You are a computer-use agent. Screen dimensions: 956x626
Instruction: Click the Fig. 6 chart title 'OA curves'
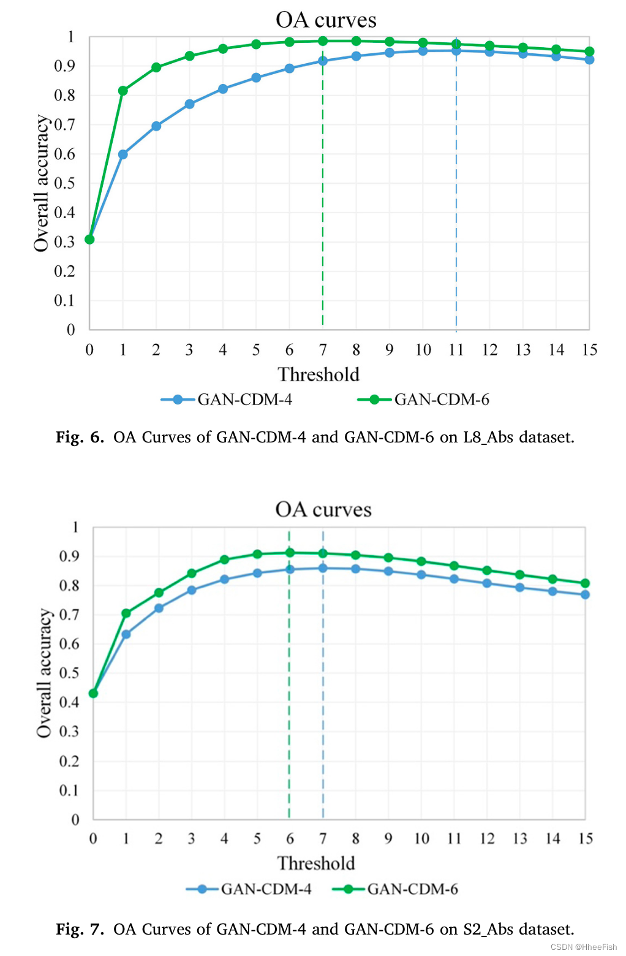pyautogui.click(x=326, y=20)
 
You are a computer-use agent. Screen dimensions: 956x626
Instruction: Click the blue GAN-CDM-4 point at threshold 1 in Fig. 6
pyautogui.click(x=123, y=154)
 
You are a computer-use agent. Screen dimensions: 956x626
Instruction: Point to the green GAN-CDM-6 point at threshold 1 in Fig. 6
pyautogui.click(x=123, y=91)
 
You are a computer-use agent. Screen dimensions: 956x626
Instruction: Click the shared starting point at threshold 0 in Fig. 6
pyautogui.click(x=90, y=239)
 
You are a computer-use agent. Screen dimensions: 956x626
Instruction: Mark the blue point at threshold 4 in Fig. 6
pyautogui.click(x=223, y=89)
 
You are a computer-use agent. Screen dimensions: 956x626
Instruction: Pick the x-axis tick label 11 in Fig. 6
pyautogui.click(x=456, y=350)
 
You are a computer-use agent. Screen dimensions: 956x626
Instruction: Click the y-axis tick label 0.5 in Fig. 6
pyautogui.click(x=64, y=183)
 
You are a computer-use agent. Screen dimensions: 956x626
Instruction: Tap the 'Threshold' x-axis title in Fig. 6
pyautogui.click(x=319, y=374)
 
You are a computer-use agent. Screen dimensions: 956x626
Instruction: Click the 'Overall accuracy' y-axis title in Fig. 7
pyautogui.click(x=44, y=673)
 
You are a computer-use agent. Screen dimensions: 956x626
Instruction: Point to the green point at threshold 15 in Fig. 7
pyautogui.click(x=585, y=583)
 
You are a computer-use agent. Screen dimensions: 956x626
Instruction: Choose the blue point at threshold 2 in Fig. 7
pyautogui.click(x=159, y=608)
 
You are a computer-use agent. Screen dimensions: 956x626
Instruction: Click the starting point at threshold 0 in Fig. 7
pyautogui.click(x=93, y=693)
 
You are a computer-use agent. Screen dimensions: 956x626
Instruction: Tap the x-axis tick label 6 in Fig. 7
pyautogui.click(x=290, y=838)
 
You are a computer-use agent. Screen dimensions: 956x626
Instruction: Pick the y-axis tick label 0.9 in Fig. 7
pyautogui.click(x=69, y=556)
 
